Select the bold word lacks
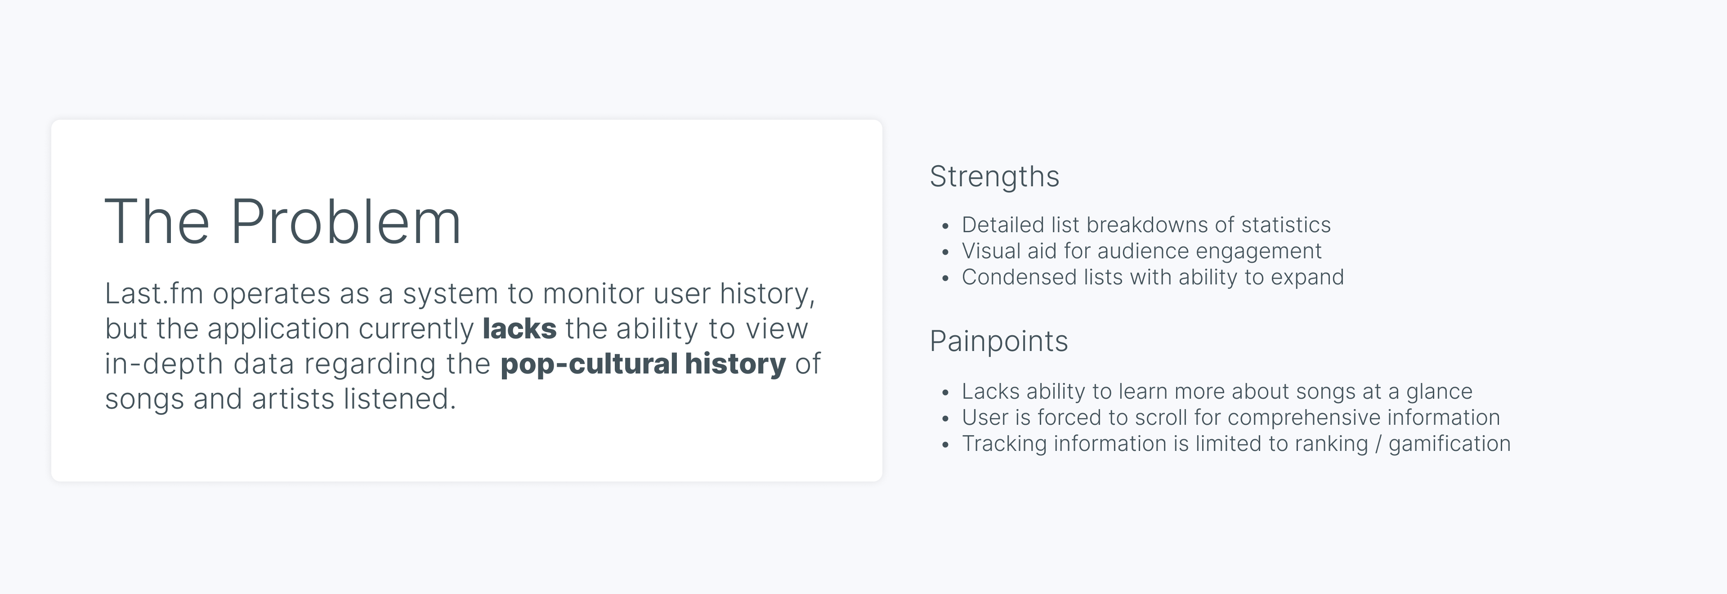[x=519, y=328]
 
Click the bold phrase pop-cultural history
[x=643, y=364]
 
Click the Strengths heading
[x=994, y=177]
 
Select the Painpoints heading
[x=998, y=341]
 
